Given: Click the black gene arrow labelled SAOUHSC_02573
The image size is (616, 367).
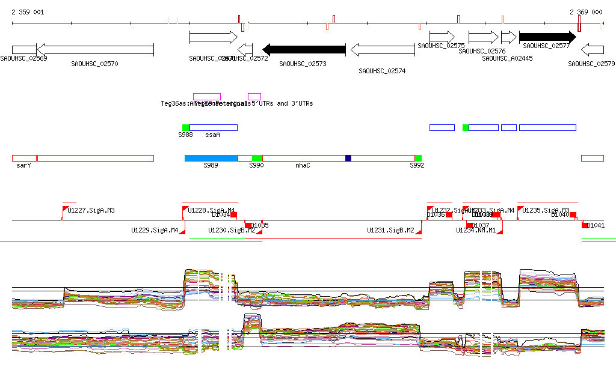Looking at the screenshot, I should (304, 49).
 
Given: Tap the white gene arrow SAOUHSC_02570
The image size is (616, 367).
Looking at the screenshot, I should (95, 49).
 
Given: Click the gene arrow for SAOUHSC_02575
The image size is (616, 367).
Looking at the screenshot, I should (442, 37).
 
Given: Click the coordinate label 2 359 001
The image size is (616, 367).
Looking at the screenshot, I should (27, 12).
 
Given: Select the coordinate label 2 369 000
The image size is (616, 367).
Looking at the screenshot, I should (586, 12).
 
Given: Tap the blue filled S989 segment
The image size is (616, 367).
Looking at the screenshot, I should (211, 158).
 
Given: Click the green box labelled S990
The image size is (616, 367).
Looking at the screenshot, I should (257, 158).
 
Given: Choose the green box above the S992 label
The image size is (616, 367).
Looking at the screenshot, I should (418, 158).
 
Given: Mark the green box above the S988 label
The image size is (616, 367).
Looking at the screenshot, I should (186, 127).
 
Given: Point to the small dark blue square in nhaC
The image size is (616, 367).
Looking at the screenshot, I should (348, 158).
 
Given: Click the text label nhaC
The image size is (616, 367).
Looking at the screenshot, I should (303, 165).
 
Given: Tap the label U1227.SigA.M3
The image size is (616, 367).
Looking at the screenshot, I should (91, 211).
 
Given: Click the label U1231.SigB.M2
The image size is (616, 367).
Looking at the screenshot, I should (390, 230).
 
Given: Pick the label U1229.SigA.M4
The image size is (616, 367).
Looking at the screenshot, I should (155, 230).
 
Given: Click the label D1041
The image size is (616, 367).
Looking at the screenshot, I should (596, 226).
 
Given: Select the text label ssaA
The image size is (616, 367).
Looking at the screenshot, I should (212, 135).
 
